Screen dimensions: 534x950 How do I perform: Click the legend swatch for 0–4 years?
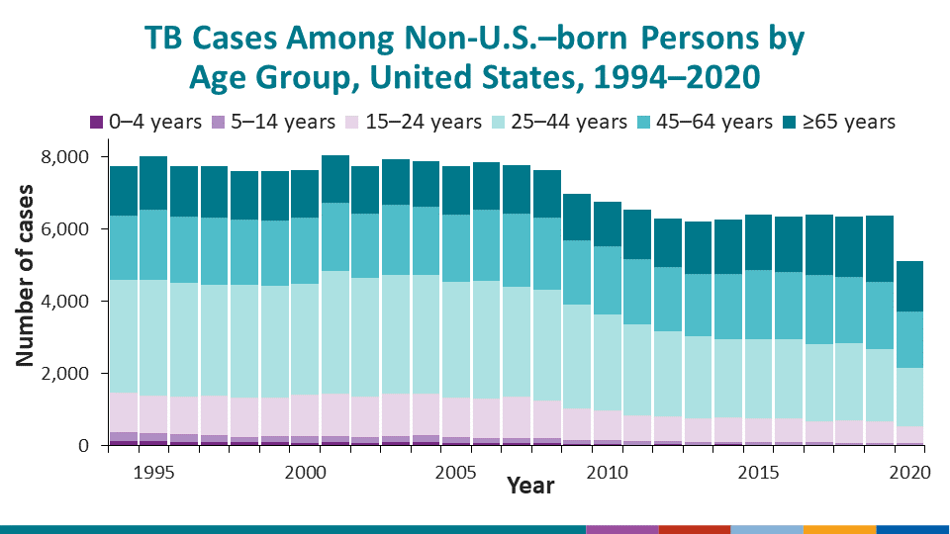(96, 123)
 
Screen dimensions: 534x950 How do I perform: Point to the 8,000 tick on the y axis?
(67, 157)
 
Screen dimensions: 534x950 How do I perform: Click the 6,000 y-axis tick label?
(67, 229)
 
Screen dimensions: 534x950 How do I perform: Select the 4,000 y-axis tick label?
(67, 302)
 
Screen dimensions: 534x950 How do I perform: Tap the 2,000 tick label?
(67, 374)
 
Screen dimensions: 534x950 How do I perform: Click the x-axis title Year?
(529, 486)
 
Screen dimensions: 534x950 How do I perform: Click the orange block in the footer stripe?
(839, 529)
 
